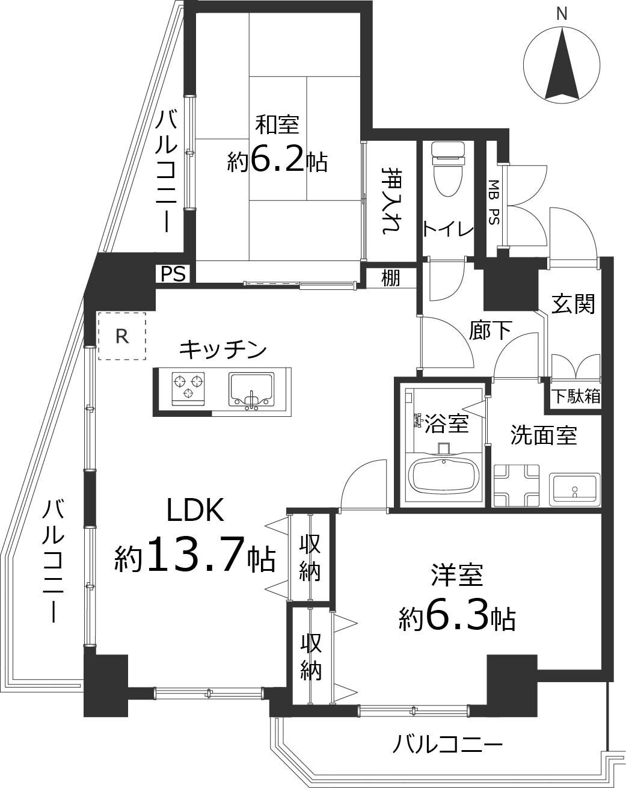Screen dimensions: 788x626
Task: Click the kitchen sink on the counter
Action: tap(251, 389)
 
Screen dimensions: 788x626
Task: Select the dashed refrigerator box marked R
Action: tap(121, 336)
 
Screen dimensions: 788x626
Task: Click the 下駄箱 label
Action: tap(576, 396)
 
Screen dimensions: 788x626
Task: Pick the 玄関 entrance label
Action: tap(574, 304)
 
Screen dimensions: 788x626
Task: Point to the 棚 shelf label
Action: tap(391, 279)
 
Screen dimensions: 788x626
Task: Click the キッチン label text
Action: tap(222, 349)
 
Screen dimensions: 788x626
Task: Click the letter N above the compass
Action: tap(562, 13)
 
